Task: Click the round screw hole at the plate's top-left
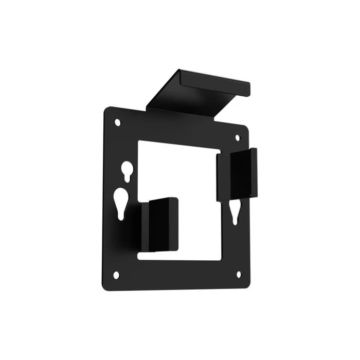tap(117, 122)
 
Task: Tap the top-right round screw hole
tap(238, 138)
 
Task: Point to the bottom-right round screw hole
tap(238, 275)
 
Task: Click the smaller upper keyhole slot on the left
tap(126, 171)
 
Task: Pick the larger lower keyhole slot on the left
tap(121, 203)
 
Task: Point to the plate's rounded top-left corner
tap(108, 111)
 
